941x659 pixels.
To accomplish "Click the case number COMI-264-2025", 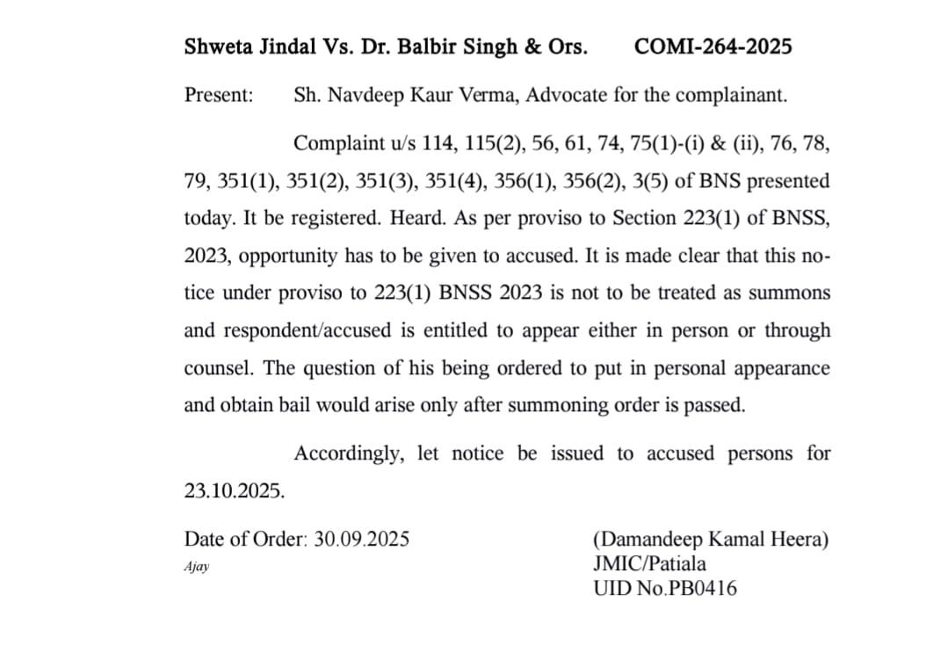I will point(712,47).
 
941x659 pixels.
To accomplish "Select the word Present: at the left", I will point(219,95).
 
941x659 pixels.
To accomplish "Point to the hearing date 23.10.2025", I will point(235,491).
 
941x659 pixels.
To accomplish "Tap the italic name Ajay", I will point(197,567).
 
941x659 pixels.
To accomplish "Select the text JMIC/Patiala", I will point(649,563).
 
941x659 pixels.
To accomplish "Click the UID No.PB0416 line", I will point(665,588).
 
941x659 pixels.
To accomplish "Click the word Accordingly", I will point(350,453).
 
